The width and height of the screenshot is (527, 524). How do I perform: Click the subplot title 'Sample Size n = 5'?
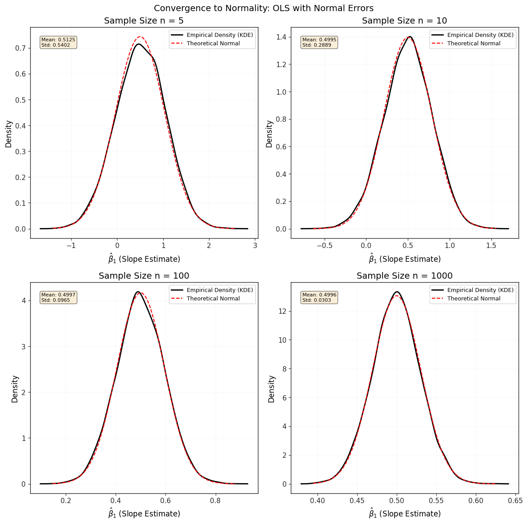click(x=144, y=21)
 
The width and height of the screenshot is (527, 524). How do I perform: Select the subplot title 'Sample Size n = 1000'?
click(x=404, y=276)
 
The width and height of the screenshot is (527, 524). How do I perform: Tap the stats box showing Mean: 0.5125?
click(x=58, y=42)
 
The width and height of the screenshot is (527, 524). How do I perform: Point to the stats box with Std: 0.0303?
click(x=319, y=297)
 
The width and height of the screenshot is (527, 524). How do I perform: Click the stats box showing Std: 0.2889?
click(x=319, y=42)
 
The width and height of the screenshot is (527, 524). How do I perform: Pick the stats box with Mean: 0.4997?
click(x=58, y=297)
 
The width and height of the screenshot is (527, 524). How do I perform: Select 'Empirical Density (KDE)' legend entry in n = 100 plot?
click(x=212, y=290)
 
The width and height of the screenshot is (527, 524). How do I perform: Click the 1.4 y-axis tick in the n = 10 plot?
click(x=282, y=37)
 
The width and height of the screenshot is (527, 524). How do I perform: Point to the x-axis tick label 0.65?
click(x=515, y=500)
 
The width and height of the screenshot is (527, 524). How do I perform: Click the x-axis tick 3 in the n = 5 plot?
click(x=255, y=245)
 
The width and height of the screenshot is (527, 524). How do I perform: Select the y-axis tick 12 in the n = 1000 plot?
click(x=283, y=311)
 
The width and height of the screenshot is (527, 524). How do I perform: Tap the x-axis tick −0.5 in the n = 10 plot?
click(x=324, y=245)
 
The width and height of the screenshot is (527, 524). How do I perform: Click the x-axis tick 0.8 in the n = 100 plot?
click(x=215, y=500)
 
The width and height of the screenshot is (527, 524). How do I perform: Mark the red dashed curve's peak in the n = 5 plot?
click(x=141, y=36)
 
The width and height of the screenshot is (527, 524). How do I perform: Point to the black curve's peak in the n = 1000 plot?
click(x=397, y=292)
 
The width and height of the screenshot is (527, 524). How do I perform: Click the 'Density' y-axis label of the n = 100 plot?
click(x=15, y=389)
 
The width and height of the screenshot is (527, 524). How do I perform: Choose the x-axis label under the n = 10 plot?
click(x=404, y=259)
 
